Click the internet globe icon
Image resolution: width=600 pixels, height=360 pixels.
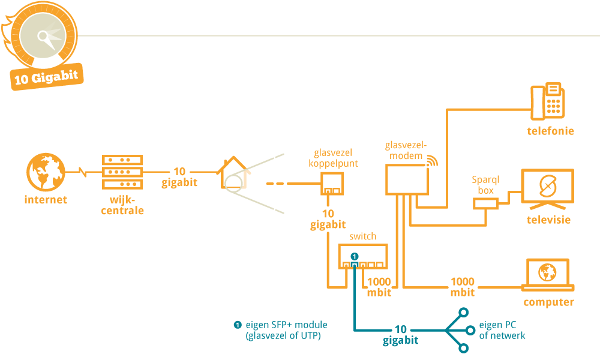[46, 173]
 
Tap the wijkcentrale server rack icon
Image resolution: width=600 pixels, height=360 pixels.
[122, 172]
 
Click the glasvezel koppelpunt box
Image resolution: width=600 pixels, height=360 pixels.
[331, 184]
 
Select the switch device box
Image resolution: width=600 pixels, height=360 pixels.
[362, 256]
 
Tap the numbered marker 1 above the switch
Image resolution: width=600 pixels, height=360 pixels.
[355, 256]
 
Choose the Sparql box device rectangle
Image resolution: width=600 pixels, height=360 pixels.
[485, 204]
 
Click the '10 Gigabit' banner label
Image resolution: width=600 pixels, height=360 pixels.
[47, 79]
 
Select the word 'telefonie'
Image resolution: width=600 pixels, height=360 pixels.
[550, 131]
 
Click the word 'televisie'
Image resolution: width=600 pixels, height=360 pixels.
[548, 220]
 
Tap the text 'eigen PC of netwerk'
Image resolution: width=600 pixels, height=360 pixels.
[502, 330]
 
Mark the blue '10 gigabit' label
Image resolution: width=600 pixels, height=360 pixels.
[401, 335]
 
